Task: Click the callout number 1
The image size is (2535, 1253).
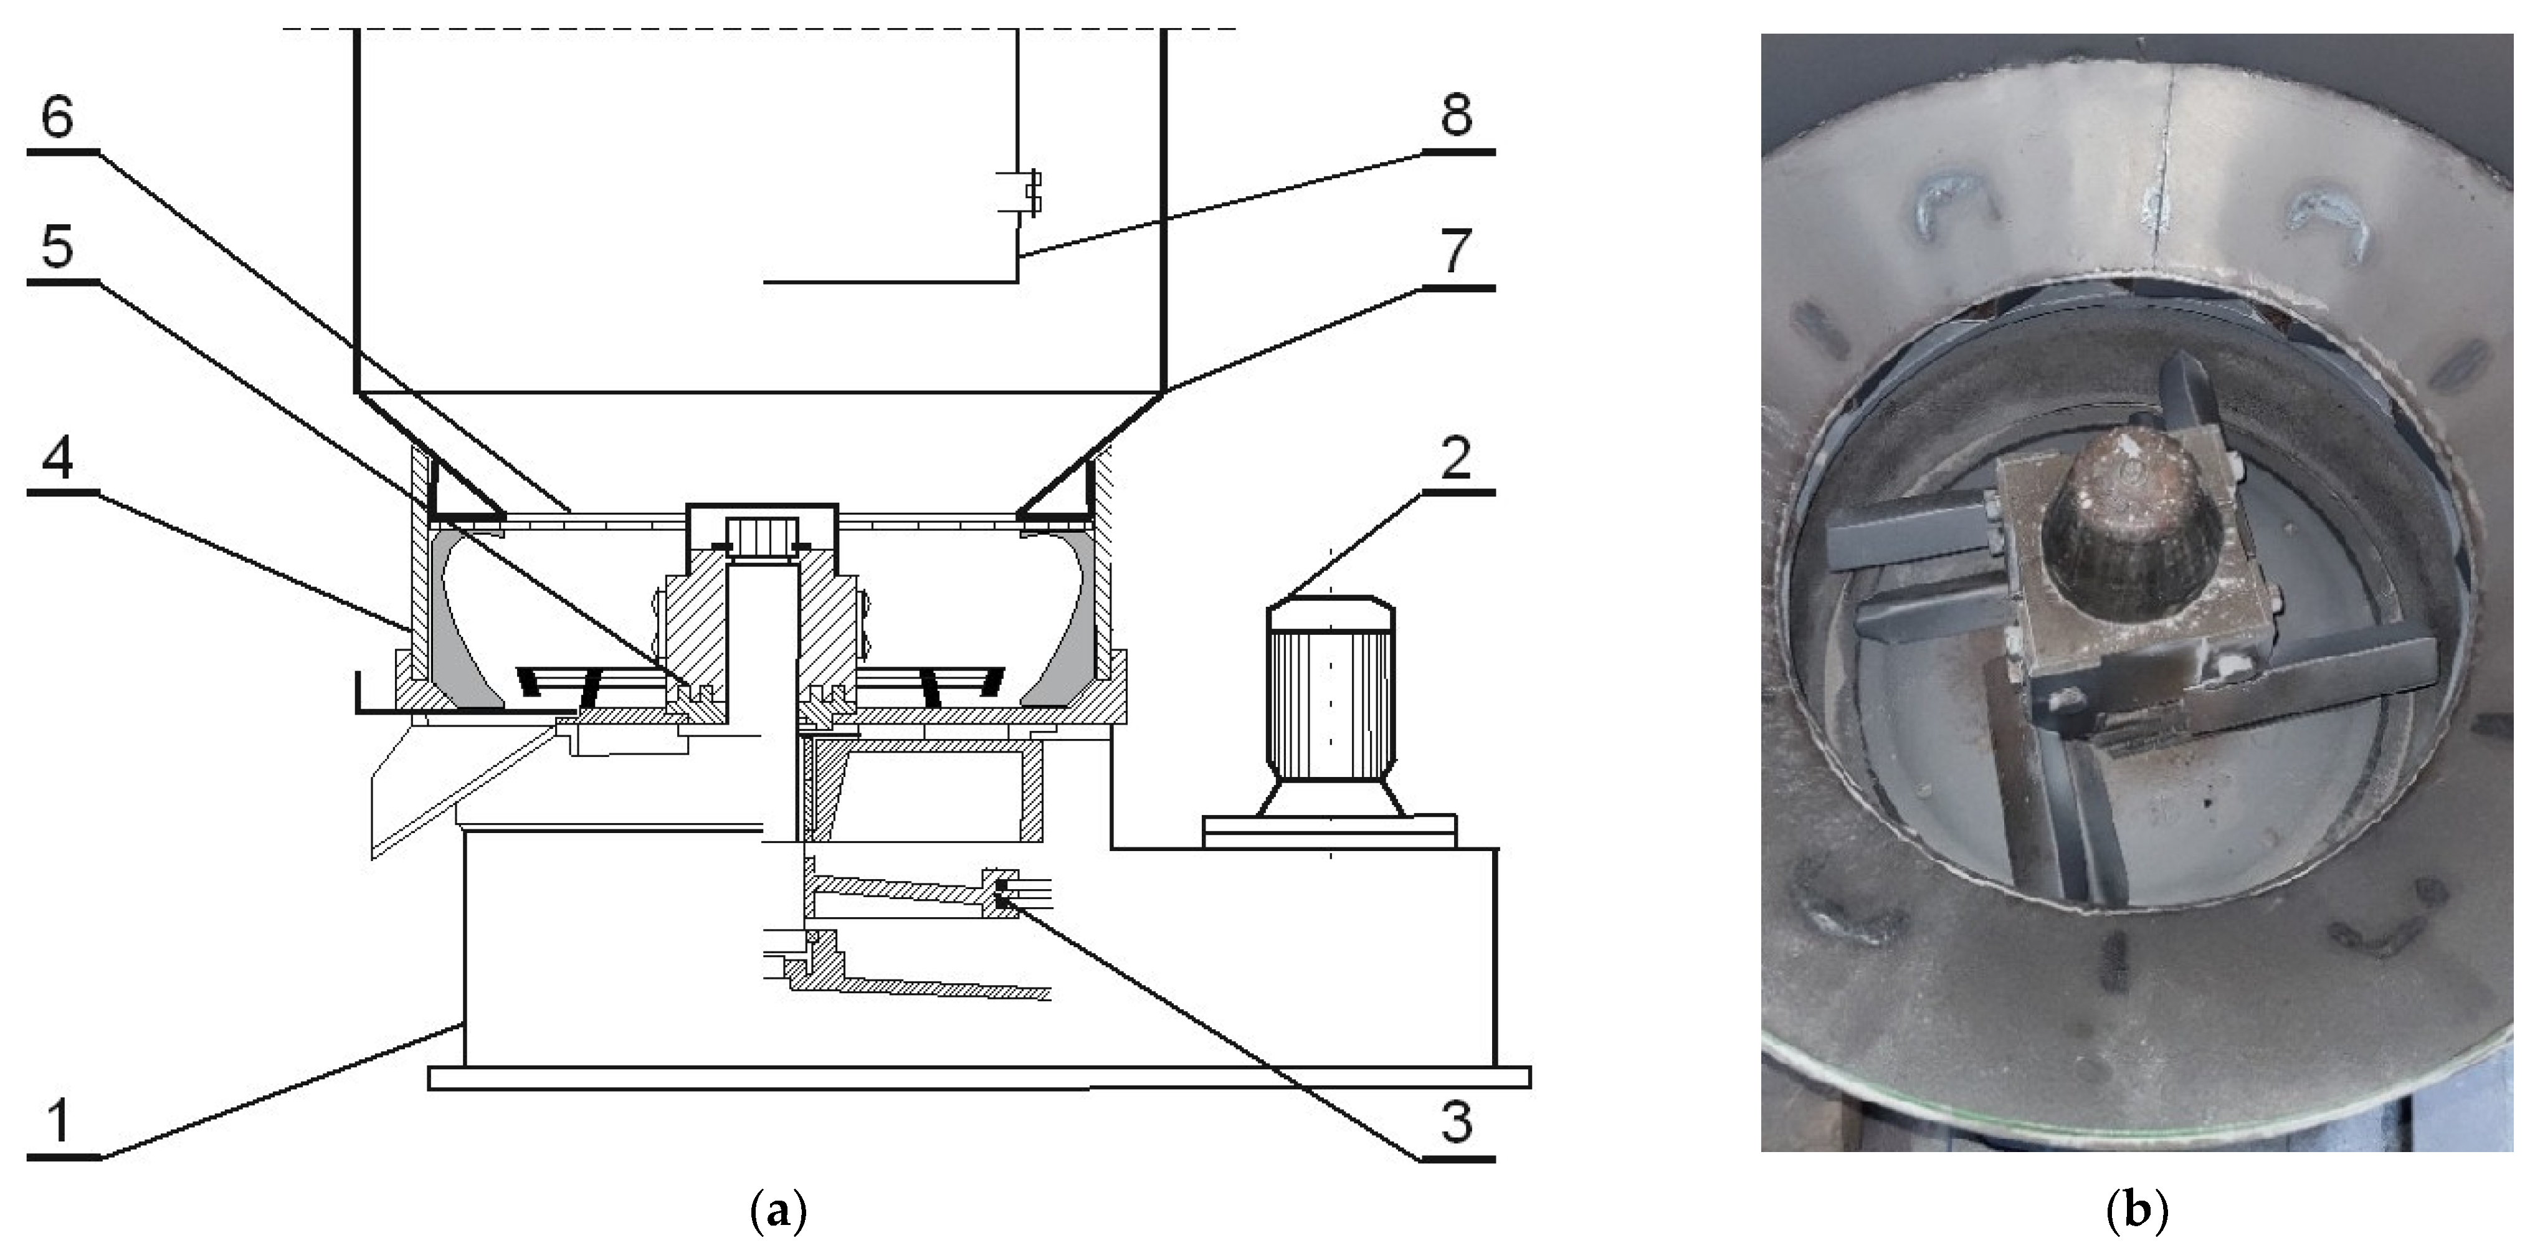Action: [x=59, y=1122]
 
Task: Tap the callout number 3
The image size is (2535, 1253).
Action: [x=1457, y=1122]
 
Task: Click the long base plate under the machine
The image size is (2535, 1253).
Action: [x=979, y=1078]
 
